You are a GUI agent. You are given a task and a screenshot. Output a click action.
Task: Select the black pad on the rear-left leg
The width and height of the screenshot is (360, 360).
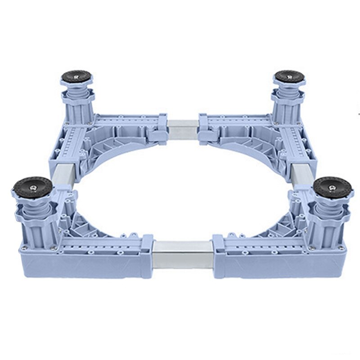[76, 75]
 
